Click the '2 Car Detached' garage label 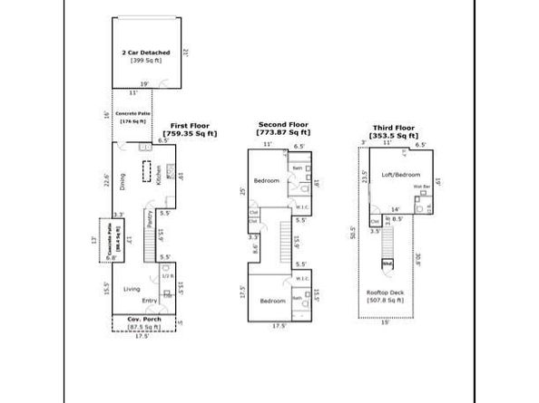point(146,53)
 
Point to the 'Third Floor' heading point(394,129)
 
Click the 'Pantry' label point(148,219)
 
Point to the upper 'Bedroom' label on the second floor point(266,181)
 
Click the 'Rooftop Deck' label point(386,293)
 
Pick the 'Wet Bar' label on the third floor point(420,187)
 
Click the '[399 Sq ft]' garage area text point(146,61)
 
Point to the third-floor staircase point(387,239)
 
